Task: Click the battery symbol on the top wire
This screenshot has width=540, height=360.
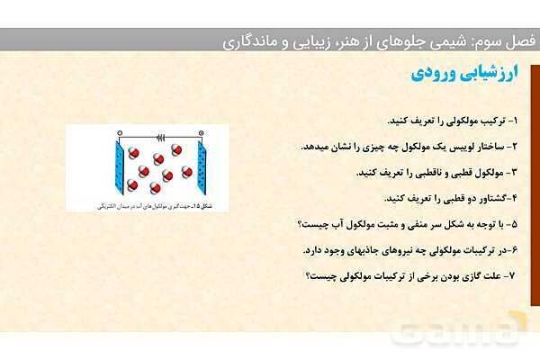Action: [x=161, y=138]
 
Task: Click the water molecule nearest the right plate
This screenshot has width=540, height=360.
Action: [x=187, y=171]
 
